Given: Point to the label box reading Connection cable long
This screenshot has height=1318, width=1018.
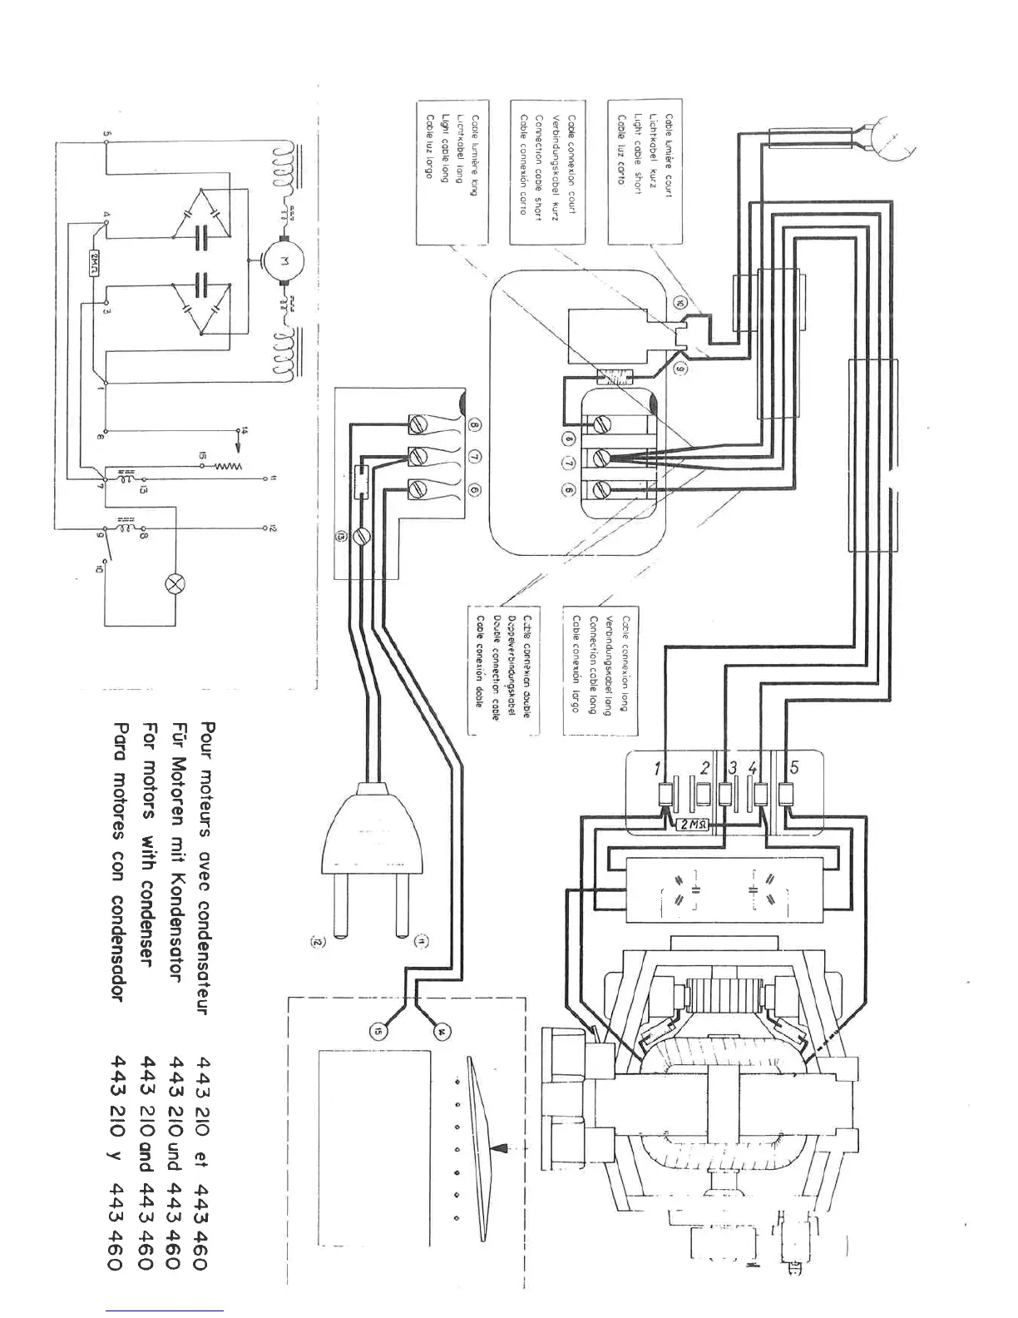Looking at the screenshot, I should (600, 669).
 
